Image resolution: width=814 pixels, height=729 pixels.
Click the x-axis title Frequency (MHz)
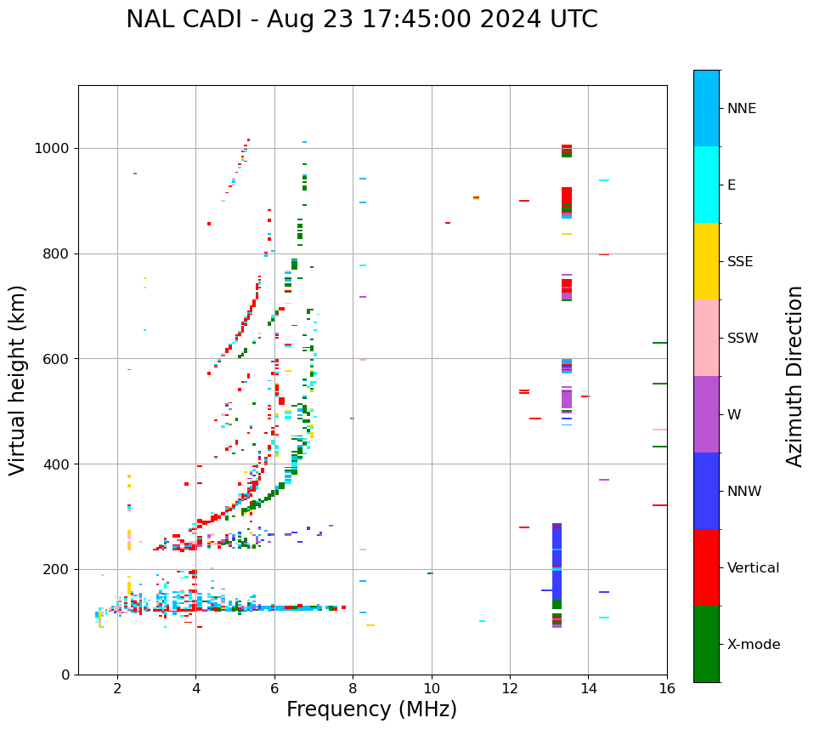371,709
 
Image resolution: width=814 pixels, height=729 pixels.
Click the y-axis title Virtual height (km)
18,380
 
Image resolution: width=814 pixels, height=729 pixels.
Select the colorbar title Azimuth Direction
794,376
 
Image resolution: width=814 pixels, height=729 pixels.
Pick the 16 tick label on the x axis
667,688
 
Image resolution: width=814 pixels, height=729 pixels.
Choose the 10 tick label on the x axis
431,688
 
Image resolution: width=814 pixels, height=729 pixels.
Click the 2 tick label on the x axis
117,688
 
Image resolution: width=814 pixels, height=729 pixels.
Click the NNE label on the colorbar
741,109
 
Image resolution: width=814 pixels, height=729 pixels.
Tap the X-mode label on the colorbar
753,645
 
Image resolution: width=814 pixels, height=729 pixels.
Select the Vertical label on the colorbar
753,568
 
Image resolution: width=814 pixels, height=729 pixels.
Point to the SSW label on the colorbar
743,339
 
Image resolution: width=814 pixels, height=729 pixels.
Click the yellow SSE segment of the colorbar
706,261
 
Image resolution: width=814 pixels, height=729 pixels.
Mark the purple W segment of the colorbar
706,414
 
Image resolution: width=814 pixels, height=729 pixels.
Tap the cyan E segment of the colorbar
706,185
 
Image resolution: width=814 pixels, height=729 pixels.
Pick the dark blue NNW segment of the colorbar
706,491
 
